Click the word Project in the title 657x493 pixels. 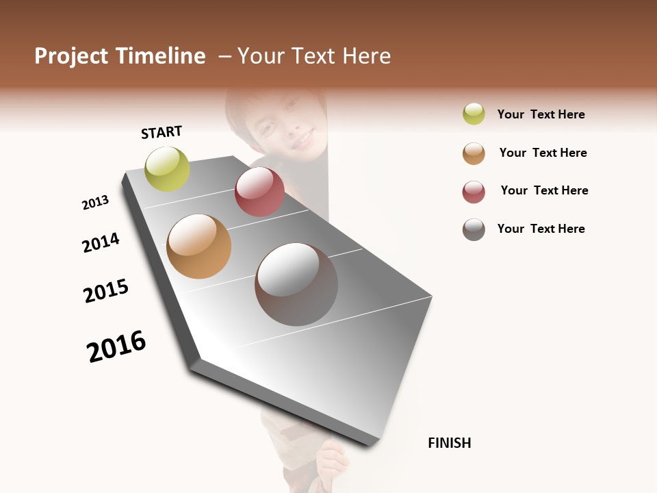coord(71,56)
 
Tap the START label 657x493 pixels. coord(162,132)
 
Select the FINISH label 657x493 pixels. coord(450,443)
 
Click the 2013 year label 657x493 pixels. coord(95,203)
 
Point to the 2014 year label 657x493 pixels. coord(101,242)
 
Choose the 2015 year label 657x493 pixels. coord(106,292)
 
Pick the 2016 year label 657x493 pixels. coord(116,346)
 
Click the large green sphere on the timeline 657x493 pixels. coord(167,168)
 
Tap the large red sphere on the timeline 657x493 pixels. coord(259,192)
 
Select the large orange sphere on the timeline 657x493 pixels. coord(198,246)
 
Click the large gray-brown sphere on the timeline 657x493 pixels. coord(296,284)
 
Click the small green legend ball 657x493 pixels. coord(474,114)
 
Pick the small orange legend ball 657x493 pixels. coord(474,153)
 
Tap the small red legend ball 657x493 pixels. coord(474,192)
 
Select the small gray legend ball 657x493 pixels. coord(474,229)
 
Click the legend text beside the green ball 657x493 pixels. coord(541,114)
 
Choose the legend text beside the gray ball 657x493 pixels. coord(541,229)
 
